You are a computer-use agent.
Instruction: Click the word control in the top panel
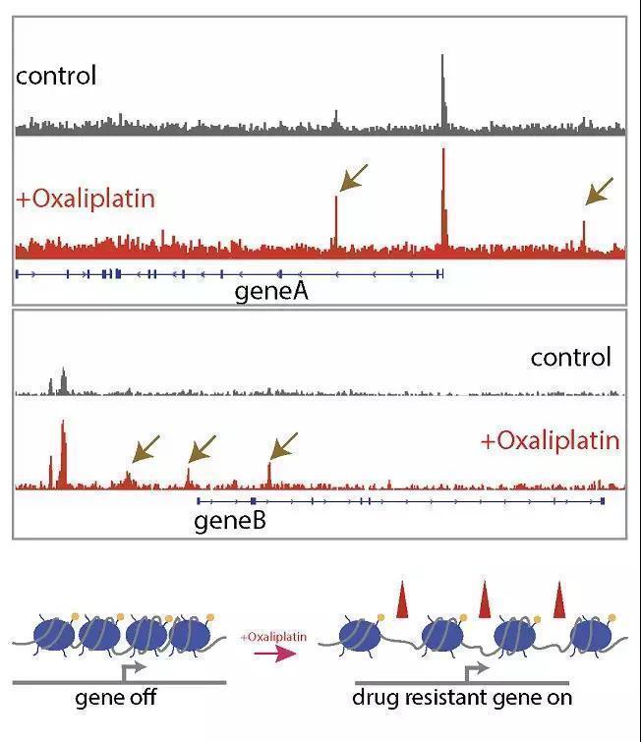[x=56, y=76]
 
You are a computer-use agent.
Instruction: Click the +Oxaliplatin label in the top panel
[x=86, y=198]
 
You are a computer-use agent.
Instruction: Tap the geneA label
[x=272, y=291]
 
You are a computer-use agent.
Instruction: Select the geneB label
[x=230, y=519]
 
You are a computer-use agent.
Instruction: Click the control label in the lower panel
[x=570, y=357]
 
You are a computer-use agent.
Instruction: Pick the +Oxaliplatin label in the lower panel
[x=551, y=440]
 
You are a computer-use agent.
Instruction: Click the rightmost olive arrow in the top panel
[x=599, y=190]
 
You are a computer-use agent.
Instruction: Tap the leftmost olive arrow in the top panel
[x=354, y=177]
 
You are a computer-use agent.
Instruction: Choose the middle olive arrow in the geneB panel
[x=202, y=449]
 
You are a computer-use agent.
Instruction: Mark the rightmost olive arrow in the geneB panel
[x=282, y=447]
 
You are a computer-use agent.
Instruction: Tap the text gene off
[x=116, y=699]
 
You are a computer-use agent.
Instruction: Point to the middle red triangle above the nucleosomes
[x=484, y=599]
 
